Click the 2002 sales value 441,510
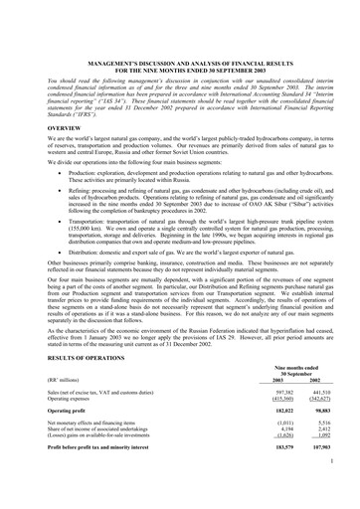[x=319, y=396]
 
